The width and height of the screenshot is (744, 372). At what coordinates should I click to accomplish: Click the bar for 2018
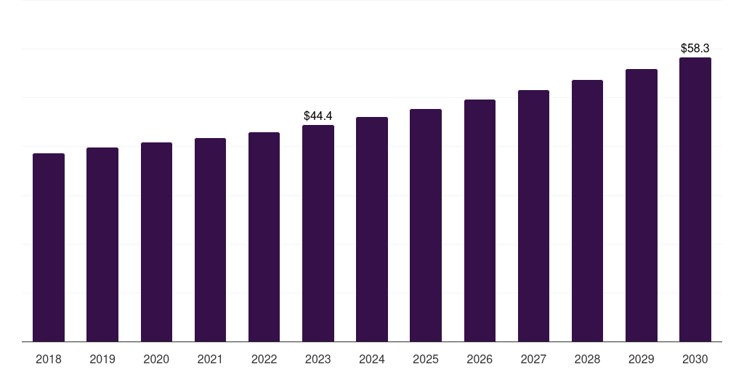tap(49, 247)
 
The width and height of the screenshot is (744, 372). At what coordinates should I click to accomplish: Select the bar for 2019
tap(102, 244)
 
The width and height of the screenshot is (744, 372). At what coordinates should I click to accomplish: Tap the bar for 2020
tap(156, 242)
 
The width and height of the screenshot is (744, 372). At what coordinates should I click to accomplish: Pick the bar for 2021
tap(210, 240)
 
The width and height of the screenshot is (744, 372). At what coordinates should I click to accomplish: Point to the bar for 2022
tap(264, 237)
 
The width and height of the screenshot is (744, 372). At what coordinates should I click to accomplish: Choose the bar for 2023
tap(318, 233)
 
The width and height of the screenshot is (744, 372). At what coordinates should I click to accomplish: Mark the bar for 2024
tap(372, 229)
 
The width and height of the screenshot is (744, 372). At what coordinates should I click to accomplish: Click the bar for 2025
tap(426, 225)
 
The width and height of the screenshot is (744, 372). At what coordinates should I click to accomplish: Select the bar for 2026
tap(480, 220)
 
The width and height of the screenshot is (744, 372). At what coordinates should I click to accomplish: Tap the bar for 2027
tap(533, 216)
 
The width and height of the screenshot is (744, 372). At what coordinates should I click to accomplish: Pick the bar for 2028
tap(587, 211)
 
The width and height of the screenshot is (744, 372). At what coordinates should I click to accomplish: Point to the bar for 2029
tap(642, 205)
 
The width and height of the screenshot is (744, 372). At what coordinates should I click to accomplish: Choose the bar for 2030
tap(695, 199)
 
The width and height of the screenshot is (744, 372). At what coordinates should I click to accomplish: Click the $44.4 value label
tap(318, 116)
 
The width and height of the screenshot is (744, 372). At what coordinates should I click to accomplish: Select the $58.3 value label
tap(695, 48)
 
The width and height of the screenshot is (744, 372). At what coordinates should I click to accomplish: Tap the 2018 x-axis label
tap(49, 359)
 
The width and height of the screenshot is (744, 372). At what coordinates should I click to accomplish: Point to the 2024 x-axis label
tap(372, 359)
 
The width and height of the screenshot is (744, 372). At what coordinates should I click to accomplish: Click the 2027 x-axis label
tap(533, 359)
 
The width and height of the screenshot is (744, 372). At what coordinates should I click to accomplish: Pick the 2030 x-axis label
tap(695, 359)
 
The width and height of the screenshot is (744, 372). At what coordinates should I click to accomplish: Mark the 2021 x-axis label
tap(210, 359)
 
